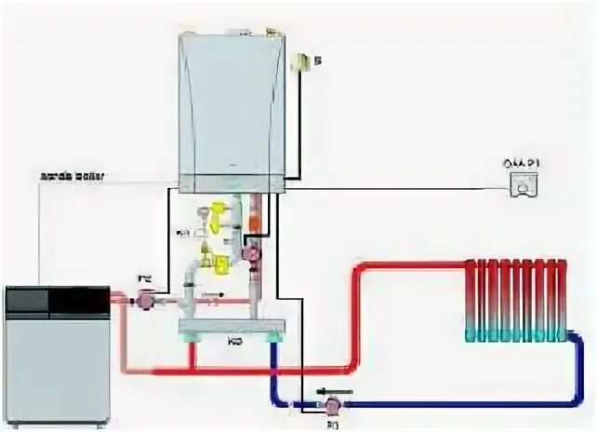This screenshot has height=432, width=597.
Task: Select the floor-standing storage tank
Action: pos(58,354)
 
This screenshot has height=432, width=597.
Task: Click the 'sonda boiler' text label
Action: pos(73,175)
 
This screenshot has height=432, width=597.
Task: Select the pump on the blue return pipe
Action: pos(330,406)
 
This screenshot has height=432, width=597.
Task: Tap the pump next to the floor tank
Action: pos(145,299)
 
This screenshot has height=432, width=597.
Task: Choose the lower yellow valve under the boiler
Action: pos(221,264)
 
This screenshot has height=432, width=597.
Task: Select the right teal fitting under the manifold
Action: pos(273,344)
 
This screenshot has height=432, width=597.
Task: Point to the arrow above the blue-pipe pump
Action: pos(332,390)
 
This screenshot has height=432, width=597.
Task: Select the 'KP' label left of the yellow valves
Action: pos(184,233)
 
